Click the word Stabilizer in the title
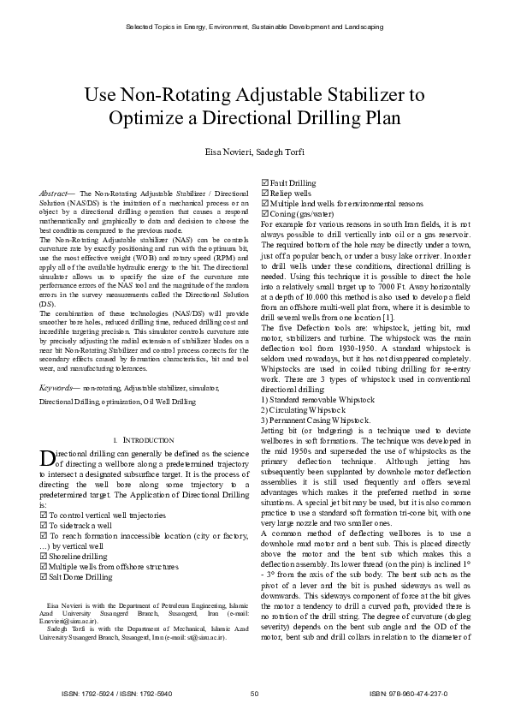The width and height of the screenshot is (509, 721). click(365, 93)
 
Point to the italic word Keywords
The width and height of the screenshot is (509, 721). click(58, 388)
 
